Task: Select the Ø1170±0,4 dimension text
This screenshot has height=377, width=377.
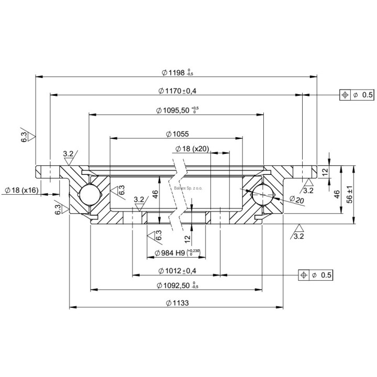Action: (177, 91)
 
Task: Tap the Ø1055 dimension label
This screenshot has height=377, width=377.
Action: (176, 134)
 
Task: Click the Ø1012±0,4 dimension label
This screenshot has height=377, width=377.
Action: (176, 271)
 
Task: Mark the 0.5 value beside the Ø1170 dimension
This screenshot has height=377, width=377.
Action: (367, 95)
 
